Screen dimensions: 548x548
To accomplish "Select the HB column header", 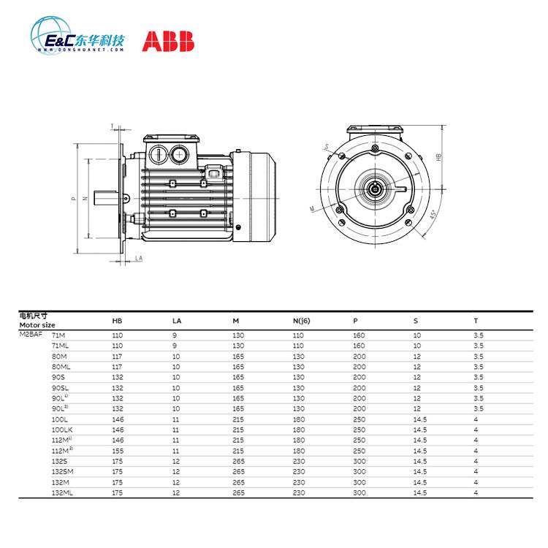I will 117,321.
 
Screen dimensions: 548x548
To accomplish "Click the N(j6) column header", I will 302,321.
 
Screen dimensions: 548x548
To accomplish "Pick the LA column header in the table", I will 177,321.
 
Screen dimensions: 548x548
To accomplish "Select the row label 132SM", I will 61,472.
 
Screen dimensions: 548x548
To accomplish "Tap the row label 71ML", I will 59,345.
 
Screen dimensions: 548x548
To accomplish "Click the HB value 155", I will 117,452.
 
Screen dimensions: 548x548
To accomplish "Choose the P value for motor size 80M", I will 359,356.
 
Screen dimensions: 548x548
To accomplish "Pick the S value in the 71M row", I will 417,334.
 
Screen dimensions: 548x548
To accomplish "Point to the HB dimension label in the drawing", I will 438,157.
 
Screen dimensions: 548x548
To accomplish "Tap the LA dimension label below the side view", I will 139,259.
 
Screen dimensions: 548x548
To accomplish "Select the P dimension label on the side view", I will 74,198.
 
